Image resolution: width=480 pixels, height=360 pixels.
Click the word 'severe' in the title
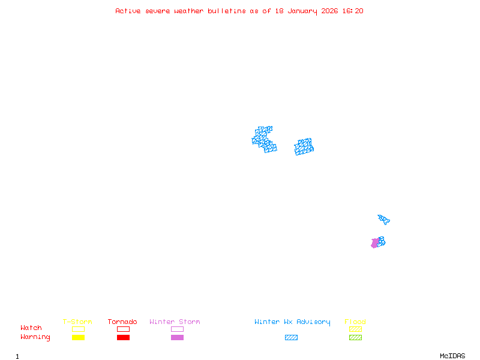click(x=157, y=11)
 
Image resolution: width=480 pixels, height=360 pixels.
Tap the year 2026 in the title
click(x=329, y=11)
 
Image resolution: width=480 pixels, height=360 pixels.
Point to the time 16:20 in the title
click(x=353, y=11)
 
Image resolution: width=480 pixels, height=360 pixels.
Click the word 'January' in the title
click(x=302, y=11)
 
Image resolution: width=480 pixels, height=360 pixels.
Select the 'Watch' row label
click(x=31, y=328)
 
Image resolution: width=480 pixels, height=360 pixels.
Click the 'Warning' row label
click(x=35, y=337)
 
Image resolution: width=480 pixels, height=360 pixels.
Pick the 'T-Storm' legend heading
click(x=77, y=322)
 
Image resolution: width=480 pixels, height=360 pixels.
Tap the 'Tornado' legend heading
click(x=122, y=322)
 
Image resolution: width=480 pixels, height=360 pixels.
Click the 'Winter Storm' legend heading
click(x=175, y=322)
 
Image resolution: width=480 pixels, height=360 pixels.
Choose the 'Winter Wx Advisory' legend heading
click(x=292, y=322)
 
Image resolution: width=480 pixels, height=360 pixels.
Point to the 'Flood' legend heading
click(x=355, y=322)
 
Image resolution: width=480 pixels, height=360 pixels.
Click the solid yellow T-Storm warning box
click(x=79, y=337)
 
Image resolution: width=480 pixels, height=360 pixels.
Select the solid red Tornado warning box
click(x=124, y=337)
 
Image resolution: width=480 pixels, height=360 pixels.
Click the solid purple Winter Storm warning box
click(x=177, y=337)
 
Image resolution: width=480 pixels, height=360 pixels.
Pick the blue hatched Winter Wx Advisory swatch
click(x=291, y=337)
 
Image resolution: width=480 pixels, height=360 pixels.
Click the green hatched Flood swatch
click(x=355, y=337)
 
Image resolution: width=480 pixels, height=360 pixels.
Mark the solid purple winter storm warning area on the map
click(x=374, y=243)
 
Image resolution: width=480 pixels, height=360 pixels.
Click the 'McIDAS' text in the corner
click(x=452, y=356)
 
